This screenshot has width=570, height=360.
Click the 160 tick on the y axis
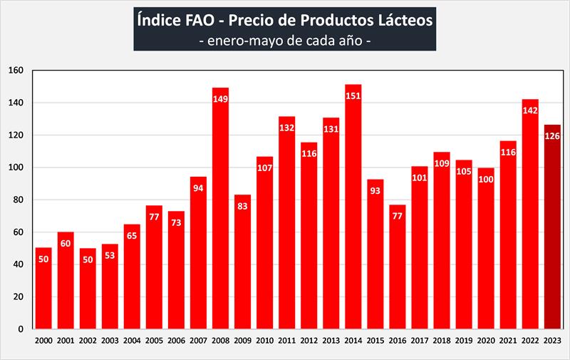pos(16,71)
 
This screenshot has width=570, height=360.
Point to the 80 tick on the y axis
pos(19,200)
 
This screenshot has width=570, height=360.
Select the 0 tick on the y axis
pos(22,329)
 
